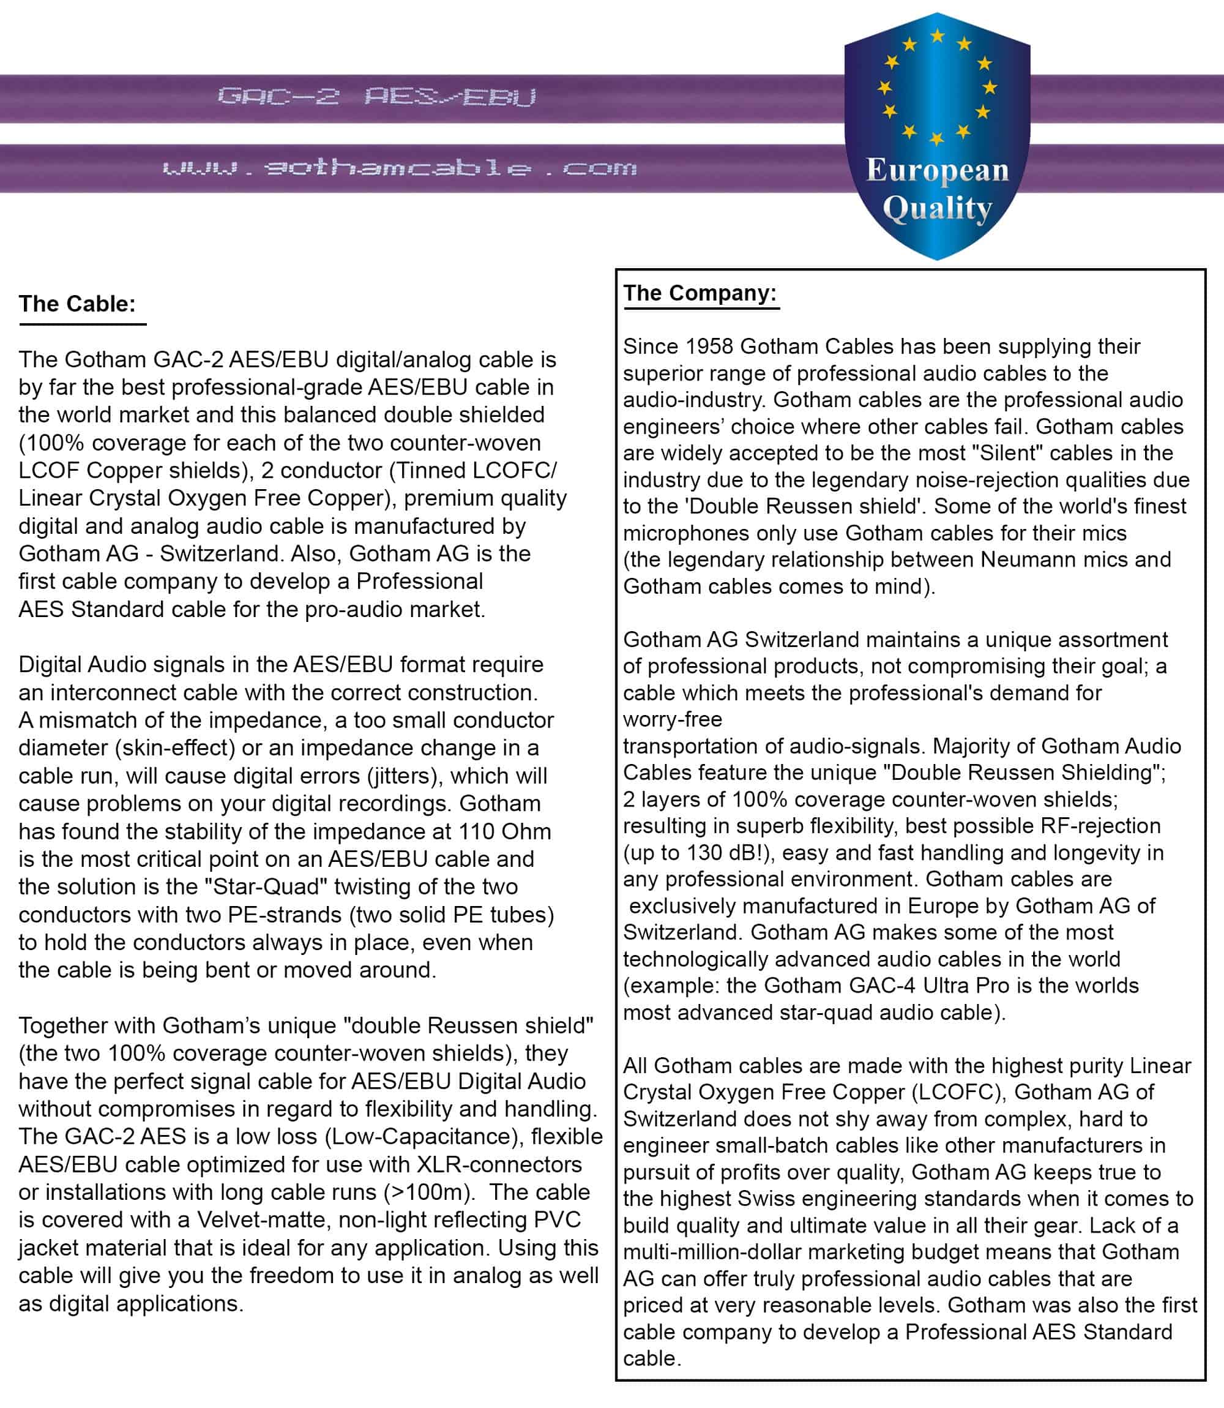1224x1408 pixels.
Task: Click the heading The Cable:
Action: pos(77,304)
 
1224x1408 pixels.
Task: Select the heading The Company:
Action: pos(700,293)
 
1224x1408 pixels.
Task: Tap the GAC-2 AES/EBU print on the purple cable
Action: pos(376,97)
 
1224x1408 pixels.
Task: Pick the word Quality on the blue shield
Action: pos(937,209)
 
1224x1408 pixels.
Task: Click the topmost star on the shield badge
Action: pos(938,36)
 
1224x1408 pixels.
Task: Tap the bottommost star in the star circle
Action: pos(937,139)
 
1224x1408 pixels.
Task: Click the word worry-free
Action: pos(672,719)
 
